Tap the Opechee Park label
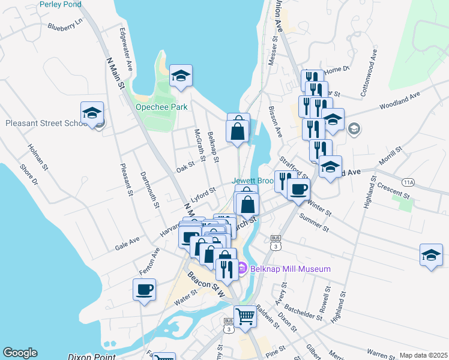pos(161,107)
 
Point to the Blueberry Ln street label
pos(64,26)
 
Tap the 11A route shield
pos(409,182)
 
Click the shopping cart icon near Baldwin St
pos(245,316)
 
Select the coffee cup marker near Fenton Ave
pos(144,290)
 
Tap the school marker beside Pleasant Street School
pos(92,113)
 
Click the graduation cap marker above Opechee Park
pos(181,76)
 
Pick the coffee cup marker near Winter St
pos(298,190)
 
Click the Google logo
pos(20,353)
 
